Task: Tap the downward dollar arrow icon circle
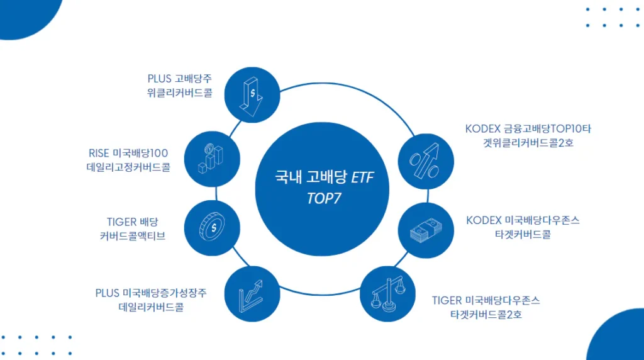(x=251, y=94)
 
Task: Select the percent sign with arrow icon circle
(x=427, y=162)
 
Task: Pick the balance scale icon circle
(x=387, y=295)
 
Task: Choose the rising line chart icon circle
(x=251, y=295)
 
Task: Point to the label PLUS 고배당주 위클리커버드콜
(x=180, y=86)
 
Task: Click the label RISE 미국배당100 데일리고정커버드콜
(x=128, y=160)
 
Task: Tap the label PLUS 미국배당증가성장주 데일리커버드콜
(x=151, y=300)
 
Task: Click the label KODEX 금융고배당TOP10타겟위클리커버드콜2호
(x=528, y=135)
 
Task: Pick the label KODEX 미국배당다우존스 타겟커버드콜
(x=523, y=227)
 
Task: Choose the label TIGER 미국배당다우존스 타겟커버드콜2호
(x=486, y=307)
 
